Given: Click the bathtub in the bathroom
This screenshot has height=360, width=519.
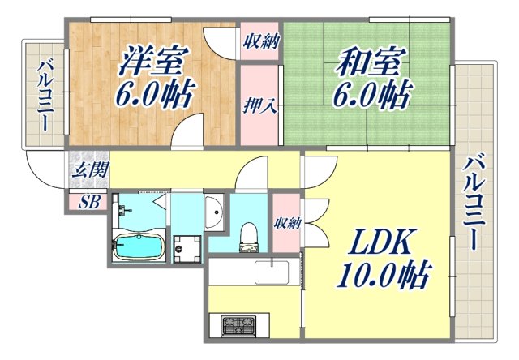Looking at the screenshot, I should [x=139, y=246].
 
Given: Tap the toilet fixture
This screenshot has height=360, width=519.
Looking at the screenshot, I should [x=249, y=235].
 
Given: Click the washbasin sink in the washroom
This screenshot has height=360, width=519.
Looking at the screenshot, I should [x=215, y=213].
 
